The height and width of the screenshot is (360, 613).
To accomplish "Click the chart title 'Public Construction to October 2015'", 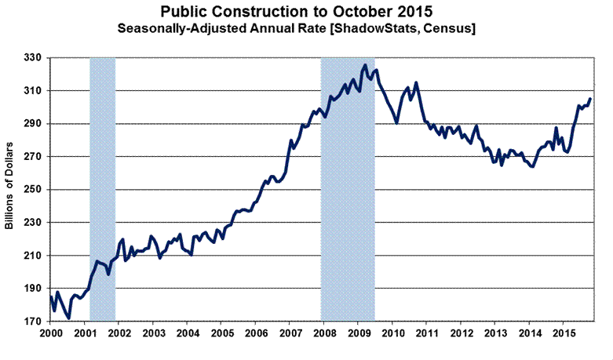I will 306,13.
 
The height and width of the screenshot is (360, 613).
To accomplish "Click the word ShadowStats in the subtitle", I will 381,28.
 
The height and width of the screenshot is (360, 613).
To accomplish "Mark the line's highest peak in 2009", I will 365,65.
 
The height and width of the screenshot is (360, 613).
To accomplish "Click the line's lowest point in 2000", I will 69,318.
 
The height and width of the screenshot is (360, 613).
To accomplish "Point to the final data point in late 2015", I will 589,99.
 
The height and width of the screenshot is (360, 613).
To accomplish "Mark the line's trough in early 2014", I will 533,167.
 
